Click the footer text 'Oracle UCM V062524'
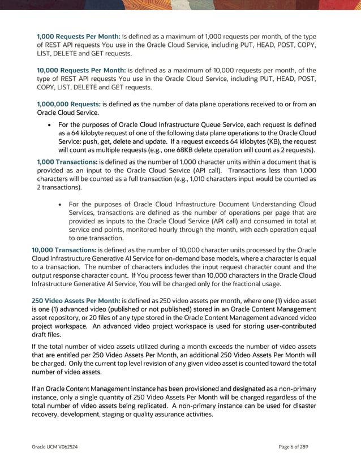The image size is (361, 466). point(54,447)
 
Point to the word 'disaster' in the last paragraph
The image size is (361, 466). point(300,406)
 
